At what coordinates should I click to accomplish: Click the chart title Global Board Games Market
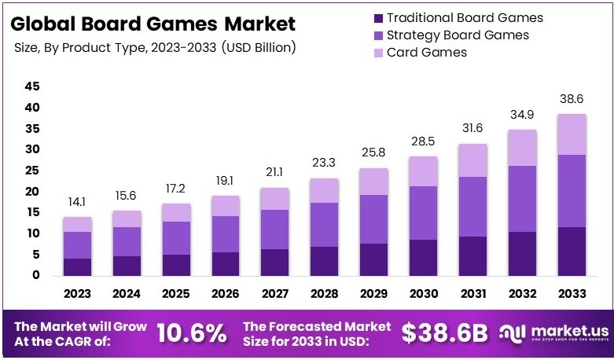155,24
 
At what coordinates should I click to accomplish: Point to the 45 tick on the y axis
32,86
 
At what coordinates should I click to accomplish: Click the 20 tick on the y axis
32,191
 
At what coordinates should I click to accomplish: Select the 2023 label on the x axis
78,294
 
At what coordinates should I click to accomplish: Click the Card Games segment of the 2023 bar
78,224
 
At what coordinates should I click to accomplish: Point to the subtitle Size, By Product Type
155,48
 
